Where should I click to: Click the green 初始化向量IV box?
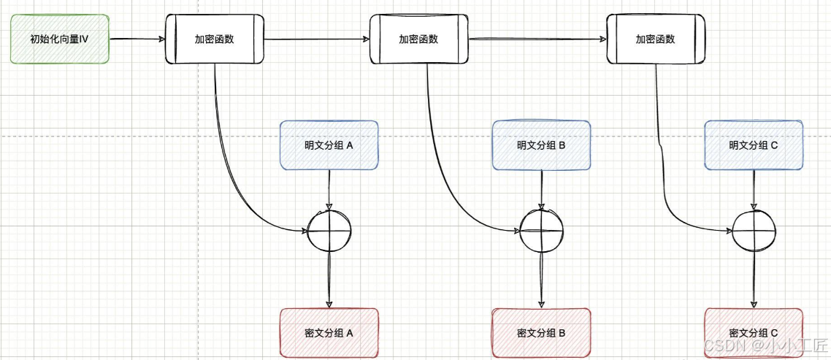click(x=60, y=39)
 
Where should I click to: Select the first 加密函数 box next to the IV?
click(x=215, y=39)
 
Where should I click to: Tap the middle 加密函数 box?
click(x=418, y=39)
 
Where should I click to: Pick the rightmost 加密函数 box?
click(x=656, y=39)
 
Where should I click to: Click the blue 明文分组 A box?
click(x=329, y=145)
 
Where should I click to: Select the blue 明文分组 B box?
click(x=541, y=145)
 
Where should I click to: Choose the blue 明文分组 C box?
click(x=753, y=145)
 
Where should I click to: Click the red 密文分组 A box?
click(x=329, y=332)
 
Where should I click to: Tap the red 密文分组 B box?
click(x=541, y=332)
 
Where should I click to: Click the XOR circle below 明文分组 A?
click(x=329, y=230)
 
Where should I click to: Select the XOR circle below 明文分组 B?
click(x=541, y=230)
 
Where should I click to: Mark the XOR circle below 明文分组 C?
click(x=754, y=230)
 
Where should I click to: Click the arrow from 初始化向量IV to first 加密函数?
click(x=137, y=39)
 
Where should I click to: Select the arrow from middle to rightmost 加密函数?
click(x=536, y=39)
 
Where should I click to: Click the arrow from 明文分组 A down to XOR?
click(x=329, y=188)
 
